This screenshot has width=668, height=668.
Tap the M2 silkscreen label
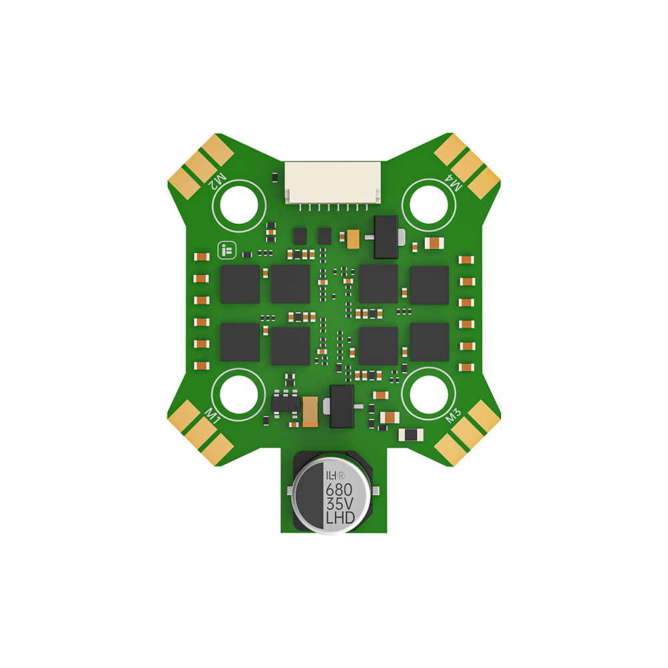[218, 180]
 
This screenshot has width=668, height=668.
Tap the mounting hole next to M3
[432, 394]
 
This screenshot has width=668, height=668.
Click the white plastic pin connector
[333, 182]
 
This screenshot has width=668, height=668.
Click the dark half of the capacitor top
[308, 494]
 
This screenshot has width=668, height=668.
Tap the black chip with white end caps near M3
[409, 435]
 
